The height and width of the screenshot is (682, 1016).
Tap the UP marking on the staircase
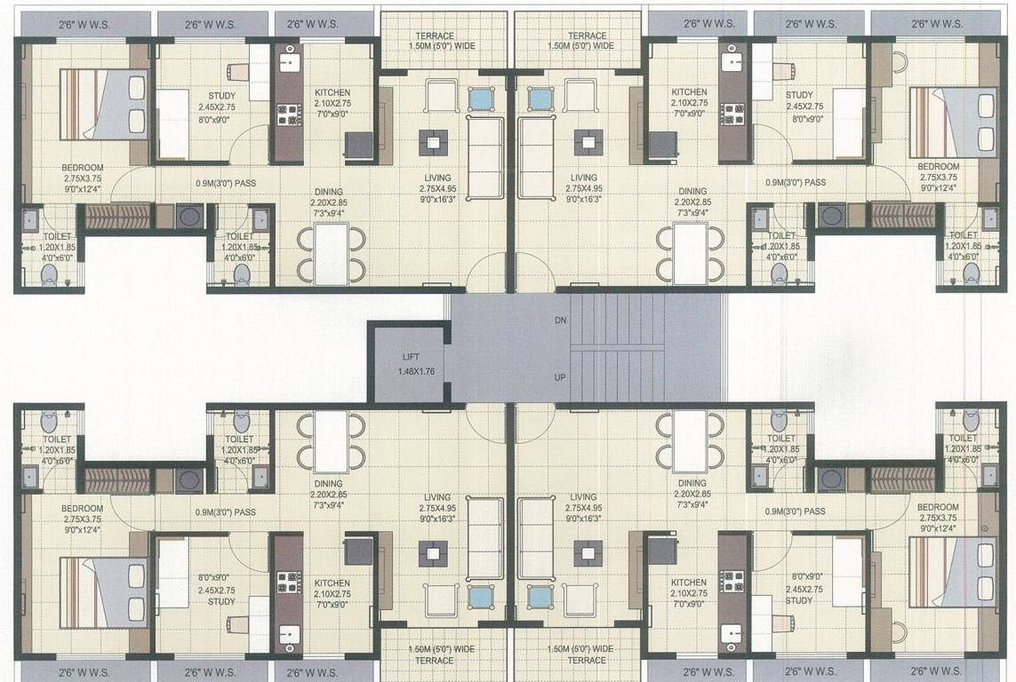[560, 377]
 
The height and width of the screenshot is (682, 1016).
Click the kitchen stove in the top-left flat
[287, 115]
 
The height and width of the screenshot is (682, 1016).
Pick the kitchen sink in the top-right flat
[732, 62]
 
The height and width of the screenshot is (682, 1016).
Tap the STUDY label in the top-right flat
[799, 95]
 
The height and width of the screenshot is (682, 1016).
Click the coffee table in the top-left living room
[433, 139]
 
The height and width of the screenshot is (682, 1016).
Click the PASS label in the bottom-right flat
[810, 511]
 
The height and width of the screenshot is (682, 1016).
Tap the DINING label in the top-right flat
[692, 191]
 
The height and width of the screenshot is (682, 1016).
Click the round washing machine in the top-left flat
[188, 216]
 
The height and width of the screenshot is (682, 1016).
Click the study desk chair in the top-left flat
[239, 70]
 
